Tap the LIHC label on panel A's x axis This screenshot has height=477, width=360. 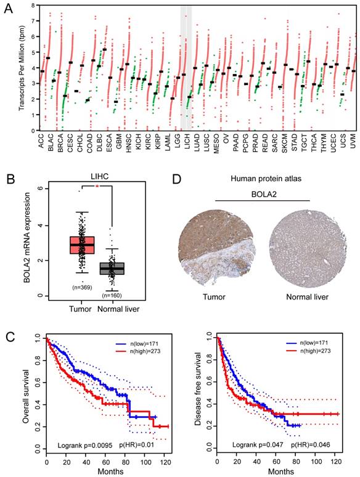[x=185, y=144]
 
